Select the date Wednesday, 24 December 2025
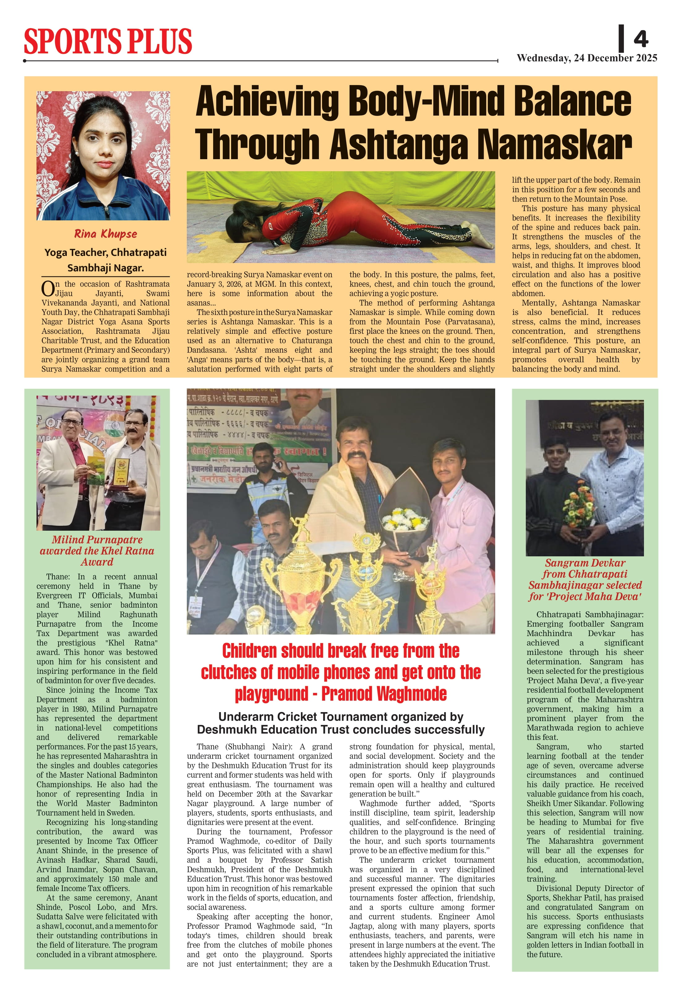(587, 58)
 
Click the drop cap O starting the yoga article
(48, 289)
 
